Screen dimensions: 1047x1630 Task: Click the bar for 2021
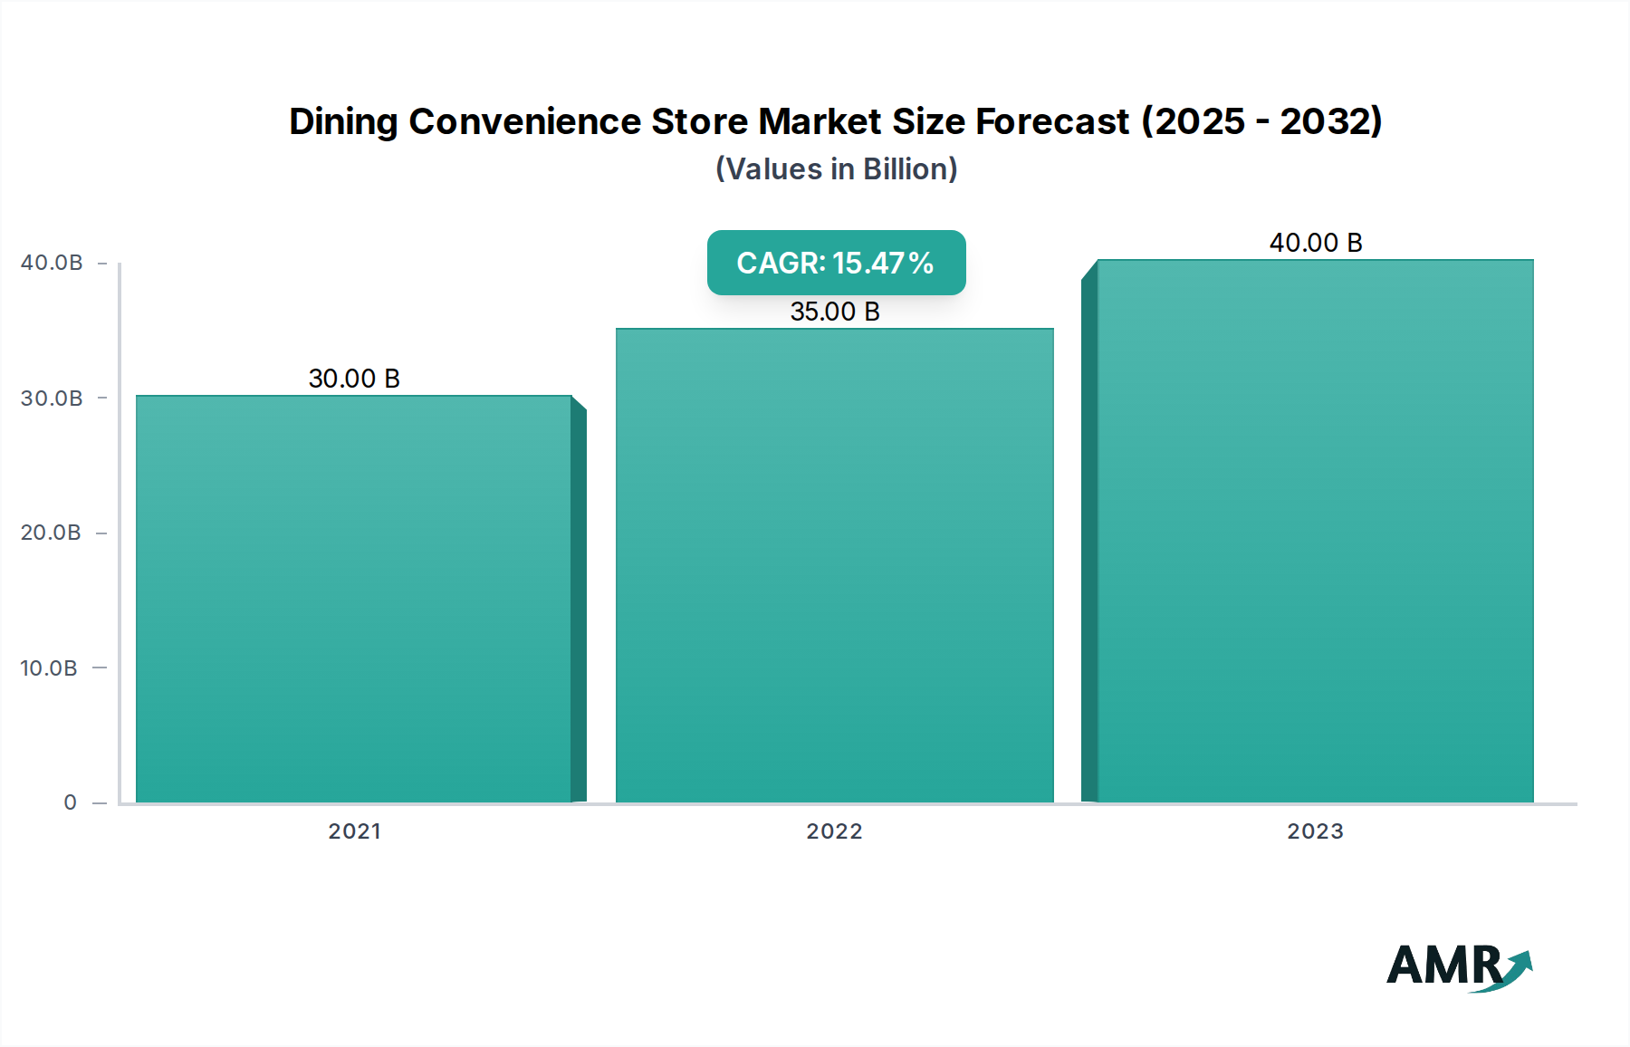pos(354,598)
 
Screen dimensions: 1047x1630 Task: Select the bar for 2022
pos(834,565)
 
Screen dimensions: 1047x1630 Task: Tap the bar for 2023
pos(1315,531)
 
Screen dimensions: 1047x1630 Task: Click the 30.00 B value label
pos(354,379)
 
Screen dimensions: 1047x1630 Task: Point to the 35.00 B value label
pos(835,312)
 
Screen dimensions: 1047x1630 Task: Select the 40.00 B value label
pos(1316,243)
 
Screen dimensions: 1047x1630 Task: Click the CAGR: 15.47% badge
pos(836,263)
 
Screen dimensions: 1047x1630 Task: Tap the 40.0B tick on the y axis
pos(52,263)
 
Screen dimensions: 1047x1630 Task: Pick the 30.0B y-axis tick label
pos(52,399)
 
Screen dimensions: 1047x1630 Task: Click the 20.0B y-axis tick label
pos(51,533)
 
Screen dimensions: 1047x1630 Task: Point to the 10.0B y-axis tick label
pos(49,668)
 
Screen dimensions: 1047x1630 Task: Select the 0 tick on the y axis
pos(71,802)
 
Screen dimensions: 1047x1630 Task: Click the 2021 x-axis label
pos(354,831)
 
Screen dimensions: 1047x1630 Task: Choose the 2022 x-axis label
pos(834,831)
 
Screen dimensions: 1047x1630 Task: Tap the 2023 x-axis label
pos(1315,831)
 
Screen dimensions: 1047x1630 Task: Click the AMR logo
pos(1458,966)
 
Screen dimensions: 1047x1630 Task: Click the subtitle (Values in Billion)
pos(836,169)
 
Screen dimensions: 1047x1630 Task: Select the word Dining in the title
pos(343,121)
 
